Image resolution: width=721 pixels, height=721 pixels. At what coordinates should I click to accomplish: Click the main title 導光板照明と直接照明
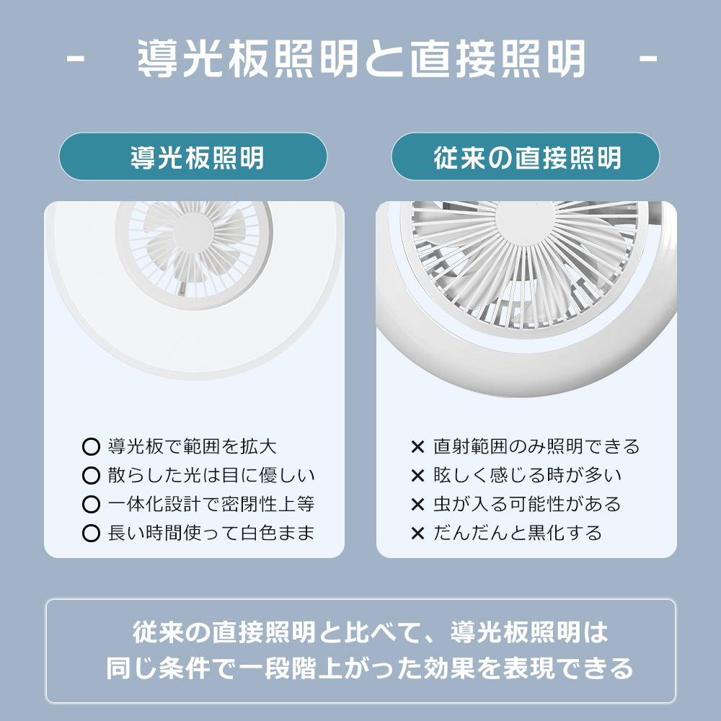(x=361, y=58)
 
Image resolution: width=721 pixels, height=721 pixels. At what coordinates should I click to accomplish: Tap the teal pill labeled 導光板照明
(x=193, y=156)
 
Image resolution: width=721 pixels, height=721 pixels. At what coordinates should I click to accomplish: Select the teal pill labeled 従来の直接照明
(x=526, y=156)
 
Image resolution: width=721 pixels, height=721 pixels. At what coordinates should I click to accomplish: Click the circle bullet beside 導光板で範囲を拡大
(x=91, y=446)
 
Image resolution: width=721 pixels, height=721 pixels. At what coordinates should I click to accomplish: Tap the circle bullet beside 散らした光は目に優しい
(x=91, y=475)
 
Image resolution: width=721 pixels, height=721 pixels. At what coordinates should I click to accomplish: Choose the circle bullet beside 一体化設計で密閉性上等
(x=91, y=505)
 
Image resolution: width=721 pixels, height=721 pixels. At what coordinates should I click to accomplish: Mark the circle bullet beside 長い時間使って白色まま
(x=91, y=534)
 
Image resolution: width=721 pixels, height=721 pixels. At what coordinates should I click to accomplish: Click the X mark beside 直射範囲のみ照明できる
(x=417, y=446)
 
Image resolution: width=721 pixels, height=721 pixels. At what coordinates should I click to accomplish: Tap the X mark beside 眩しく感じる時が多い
(x=417, y=475)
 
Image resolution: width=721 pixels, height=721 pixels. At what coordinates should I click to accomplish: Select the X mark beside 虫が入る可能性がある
(x=417, y=505)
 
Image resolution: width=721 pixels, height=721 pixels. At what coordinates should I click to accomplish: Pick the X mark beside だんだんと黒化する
(x=417, y=534)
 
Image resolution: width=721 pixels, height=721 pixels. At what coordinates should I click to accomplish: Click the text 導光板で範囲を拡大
(x=193, y=446)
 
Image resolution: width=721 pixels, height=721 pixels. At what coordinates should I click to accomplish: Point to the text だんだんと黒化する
(x=518, y=534)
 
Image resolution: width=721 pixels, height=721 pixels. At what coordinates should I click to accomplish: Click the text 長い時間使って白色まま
(x=211, y=534)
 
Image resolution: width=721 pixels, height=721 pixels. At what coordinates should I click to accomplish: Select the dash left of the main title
(x=76, y=58)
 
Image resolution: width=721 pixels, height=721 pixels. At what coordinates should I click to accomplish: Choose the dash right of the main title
(x=648, y=58)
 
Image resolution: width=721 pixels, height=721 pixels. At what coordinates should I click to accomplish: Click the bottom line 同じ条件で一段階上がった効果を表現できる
(x=370, y=668)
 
